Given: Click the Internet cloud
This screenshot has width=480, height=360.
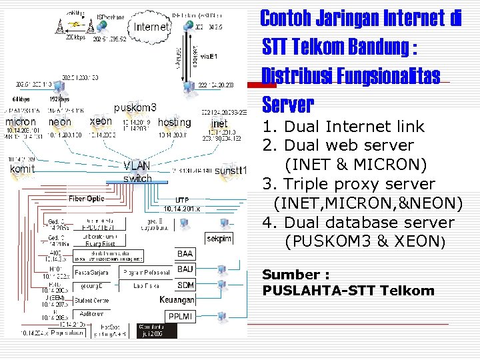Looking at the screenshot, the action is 152,27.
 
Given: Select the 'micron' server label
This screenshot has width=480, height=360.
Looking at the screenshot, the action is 21,122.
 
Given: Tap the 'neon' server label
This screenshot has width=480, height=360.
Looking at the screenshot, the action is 60,122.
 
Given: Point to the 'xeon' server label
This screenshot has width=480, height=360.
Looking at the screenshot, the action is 101,121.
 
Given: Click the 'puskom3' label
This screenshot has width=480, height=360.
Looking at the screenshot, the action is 135,107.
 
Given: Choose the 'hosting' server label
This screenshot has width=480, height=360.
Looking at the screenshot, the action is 174,122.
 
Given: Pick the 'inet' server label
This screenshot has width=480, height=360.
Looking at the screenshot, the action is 219,123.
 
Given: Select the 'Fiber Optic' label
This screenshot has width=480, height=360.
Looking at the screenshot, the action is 87,199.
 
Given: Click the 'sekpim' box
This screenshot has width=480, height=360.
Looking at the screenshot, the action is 219,238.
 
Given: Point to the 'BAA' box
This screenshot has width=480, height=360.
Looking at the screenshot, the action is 185,253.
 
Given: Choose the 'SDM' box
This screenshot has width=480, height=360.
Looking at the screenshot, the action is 185,285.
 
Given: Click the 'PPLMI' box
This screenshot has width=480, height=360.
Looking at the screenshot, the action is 180,316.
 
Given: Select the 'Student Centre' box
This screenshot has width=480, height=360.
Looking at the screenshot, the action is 93,300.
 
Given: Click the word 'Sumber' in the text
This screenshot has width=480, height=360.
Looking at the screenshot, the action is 286,275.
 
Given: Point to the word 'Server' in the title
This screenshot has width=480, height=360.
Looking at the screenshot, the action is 287,105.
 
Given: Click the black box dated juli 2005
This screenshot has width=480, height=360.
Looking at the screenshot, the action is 157,330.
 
